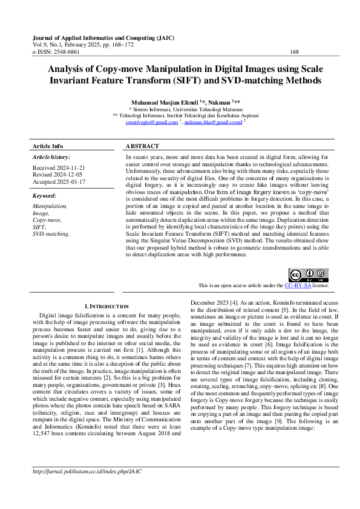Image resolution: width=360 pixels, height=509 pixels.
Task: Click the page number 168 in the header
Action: (295, 52)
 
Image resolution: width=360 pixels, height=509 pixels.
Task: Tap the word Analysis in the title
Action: (69, 69)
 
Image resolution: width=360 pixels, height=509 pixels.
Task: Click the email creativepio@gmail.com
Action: (151, 122)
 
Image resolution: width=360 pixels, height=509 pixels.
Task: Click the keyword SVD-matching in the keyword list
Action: (51, 233)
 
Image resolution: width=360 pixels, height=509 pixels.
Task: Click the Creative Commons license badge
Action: (309, 275)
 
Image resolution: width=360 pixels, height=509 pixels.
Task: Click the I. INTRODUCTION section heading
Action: (106, 306)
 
